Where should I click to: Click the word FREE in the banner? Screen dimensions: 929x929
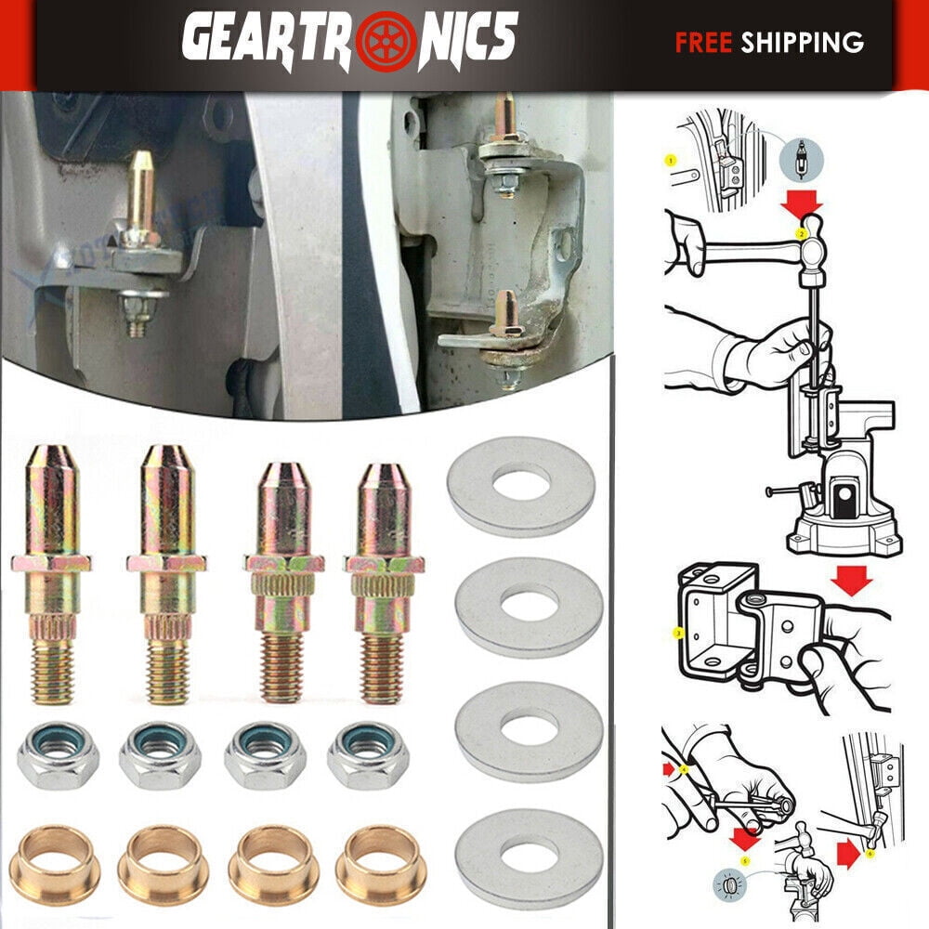[704, 42]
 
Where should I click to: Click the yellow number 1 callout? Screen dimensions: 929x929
[671, 161]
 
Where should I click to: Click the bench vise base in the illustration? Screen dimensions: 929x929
[841, 534]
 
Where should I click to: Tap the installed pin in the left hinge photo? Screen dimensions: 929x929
[140, 195]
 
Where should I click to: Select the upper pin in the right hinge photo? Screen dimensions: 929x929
[506, 125]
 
